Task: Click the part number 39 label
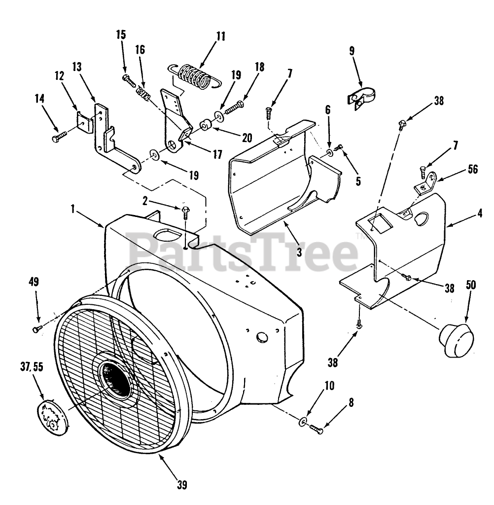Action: pos(182,485)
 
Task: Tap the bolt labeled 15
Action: pos(127,78)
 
